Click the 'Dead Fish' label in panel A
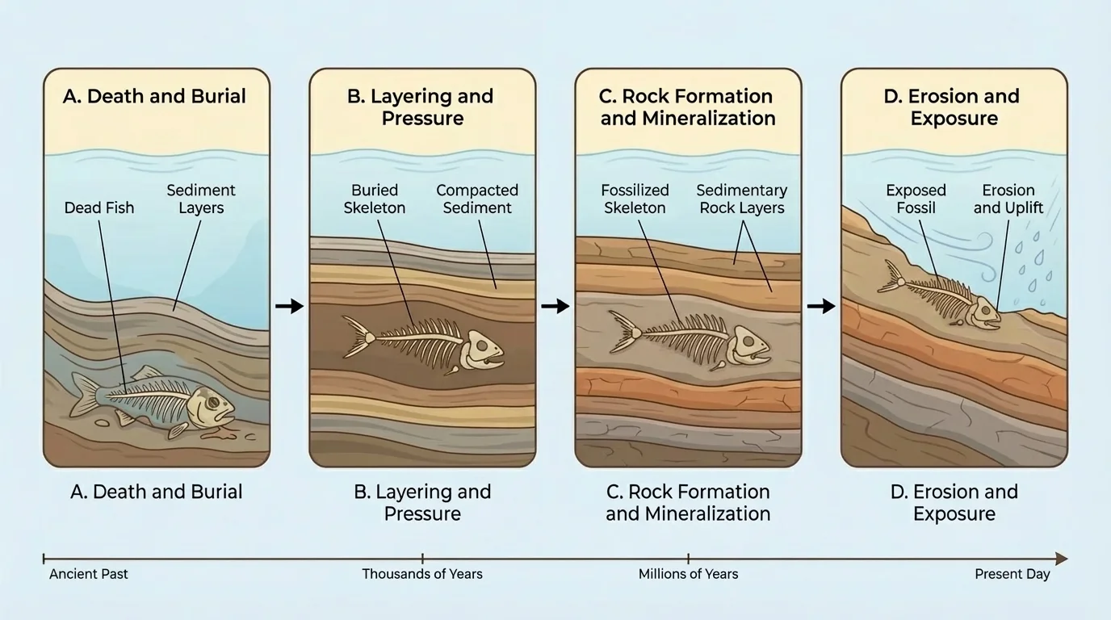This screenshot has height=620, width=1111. (99, 207)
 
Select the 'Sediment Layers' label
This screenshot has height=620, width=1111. (201, 199)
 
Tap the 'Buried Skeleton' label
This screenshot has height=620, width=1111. (375, 199)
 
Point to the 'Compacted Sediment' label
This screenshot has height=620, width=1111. (477, 199)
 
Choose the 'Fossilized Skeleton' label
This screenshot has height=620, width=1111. (635, 199)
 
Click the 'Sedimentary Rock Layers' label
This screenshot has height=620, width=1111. (741, 199)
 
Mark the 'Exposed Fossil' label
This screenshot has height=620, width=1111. (916, 199)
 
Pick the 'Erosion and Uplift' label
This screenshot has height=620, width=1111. (1008, 199)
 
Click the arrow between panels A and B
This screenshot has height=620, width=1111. (289, 306)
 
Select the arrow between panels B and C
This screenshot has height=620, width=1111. (555, 306)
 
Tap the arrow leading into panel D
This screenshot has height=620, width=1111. (820, 306)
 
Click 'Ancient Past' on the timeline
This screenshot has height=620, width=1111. (89, 574)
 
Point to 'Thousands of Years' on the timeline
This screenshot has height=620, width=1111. (421, 574)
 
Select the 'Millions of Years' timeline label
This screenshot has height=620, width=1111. (688, 574)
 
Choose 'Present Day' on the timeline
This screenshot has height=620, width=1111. (1012, 574)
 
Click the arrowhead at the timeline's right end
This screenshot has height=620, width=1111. (1061, 559)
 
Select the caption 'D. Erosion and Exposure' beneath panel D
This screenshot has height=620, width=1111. (954, 503)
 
